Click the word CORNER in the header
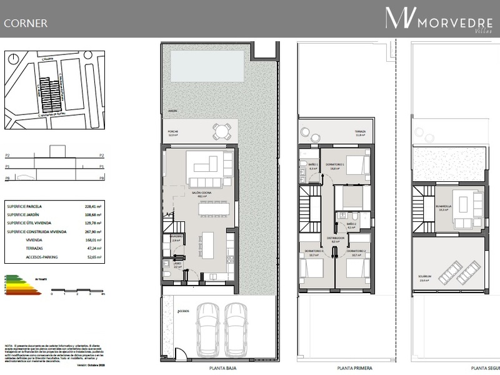(26, 24)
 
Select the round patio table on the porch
(221, 131)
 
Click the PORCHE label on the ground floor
(173, 130)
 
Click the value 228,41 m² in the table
(92, 206)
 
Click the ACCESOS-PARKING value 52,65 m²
(92, 256)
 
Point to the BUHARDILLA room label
(444, 207)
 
